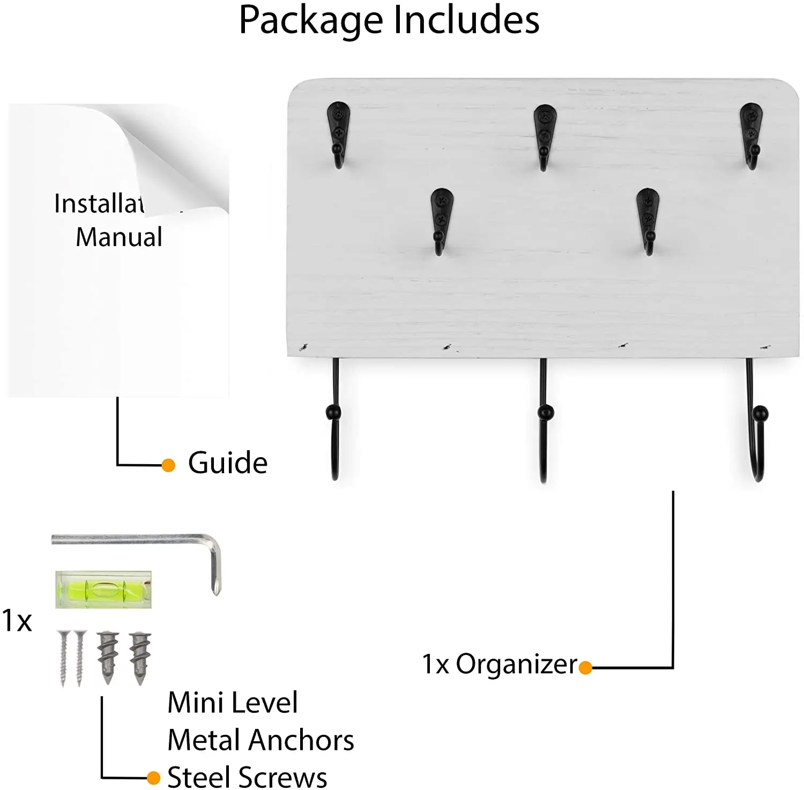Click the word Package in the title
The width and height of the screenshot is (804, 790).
tap(310, 20)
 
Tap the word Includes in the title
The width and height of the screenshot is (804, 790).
tap(466, 20)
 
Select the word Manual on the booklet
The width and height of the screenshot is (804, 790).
tap(119, 237)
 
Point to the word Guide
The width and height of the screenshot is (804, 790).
tap(228, 463)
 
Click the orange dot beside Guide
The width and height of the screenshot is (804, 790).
tap(168, 465)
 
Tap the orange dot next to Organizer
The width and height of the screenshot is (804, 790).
tap(585, 667)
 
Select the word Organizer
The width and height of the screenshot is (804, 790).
tap(516, 665)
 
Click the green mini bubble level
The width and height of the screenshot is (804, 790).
tap(103, 590)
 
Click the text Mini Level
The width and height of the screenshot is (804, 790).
tap(233, 703)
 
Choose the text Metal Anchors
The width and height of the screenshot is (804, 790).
tap(260, 740)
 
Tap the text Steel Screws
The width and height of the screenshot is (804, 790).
tap(247, 777)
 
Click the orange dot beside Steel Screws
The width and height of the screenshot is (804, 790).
tap(153, 777)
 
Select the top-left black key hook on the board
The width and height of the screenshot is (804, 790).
tap(338, 134)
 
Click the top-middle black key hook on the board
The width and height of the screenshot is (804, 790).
tap(545, 136)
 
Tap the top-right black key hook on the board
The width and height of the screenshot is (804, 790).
tap(751, 135)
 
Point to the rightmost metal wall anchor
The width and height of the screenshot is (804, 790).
tap(140, 657)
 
